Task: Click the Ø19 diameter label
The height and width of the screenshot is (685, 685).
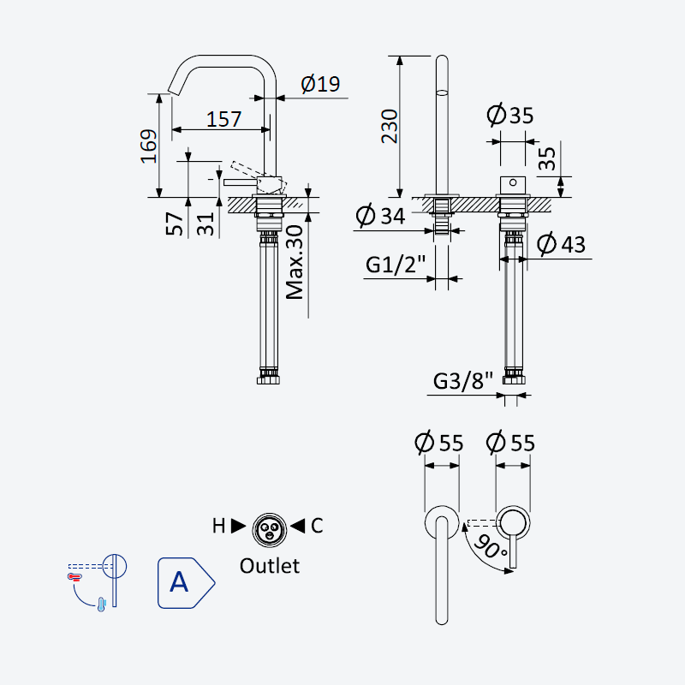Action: tap(320, 83)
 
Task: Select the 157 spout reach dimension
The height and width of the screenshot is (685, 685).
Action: tap(223, 119)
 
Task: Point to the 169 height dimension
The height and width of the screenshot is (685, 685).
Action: tap(148, 146)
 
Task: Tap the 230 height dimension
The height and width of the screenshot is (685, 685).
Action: tap(390, 126)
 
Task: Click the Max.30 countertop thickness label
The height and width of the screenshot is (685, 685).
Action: tap(295, 262)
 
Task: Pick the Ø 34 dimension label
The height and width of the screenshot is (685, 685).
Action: tap(380, 215)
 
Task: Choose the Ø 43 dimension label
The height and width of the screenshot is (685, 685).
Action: tap(561, 244)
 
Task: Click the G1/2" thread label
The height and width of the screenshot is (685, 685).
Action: tap(396, 265)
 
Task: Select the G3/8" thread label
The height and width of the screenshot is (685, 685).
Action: tap(463, 380)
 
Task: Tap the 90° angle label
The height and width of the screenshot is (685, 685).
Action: tap(490, 546)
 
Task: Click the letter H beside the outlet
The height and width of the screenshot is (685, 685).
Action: tap(218, 526)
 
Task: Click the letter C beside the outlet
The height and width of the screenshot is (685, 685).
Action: tap(317, 526)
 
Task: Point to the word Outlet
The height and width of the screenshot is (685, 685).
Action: tap(270, 566)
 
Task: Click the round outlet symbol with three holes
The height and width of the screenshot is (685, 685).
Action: tap(270, 530)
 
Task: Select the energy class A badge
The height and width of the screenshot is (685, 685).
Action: tap(186, 583)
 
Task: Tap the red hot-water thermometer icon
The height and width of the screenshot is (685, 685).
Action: tap(74, 577)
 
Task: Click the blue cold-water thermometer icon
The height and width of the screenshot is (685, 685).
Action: tap(102, 605)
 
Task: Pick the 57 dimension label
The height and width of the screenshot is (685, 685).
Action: tap(175, 223)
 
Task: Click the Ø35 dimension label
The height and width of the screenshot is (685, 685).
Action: tap(510, 116)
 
